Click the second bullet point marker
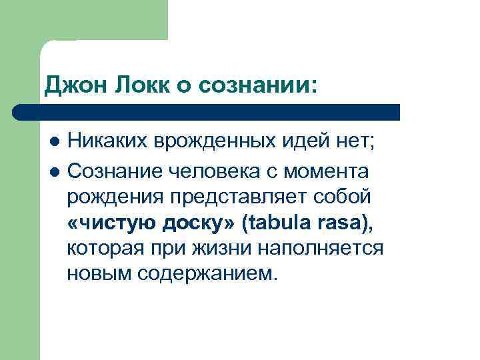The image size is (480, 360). point(54,171)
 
